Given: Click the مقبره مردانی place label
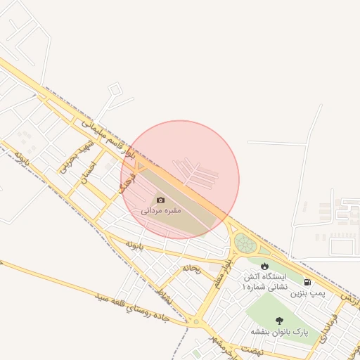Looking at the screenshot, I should (x=161, y=210).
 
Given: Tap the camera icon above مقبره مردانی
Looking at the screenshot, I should (x=161, y=200).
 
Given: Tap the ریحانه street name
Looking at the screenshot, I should (x=192, y=268).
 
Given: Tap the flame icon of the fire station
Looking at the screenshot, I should (x=264, y=266).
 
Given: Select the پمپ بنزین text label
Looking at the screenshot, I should (x=311, y=290).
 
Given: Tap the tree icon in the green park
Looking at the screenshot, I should (x=279, y=321).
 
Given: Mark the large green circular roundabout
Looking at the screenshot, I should (x=245, y=244).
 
